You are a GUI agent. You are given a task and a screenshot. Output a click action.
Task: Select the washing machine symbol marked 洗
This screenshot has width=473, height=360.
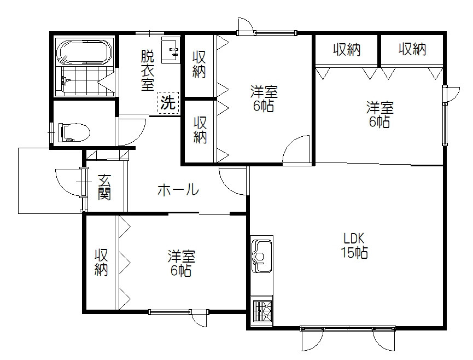coord(168,103)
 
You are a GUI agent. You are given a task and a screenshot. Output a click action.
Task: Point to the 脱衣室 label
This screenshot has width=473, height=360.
coord(147,70)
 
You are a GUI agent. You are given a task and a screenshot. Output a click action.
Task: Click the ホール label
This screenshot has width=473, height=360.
coord(178,190)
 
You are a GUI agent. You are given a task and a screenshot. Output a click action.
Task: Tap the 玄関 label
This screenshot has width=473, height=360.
coord(104,187)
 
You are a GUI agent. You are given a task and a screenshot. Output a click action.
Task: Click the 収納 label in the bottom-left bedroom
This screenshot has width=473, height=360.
coord(101,262)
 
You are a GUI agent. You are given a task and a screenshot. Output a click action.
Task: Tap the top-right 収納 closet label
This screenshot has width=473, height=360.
coord(412,49)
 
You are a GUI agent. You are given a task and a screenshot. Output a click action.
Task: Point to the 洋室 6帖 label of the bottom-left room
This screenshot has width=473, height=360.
coord(182,263)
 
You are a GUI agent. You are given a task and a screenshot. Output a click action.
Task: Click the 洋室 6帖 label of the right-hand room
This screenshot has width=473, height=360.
coord(378,114)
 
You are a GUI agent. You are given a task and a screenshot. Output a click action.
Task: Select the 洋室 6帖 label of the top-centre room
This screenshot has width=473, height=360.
coord(264,98)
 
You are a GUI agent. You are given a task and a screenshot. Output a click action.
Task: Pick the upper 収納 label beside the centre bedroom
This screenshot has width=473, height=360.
coord(199,64)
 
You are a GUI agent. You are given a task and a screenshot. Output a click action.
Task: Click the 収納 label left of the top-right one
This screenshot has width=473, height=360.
coord(347,49)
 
